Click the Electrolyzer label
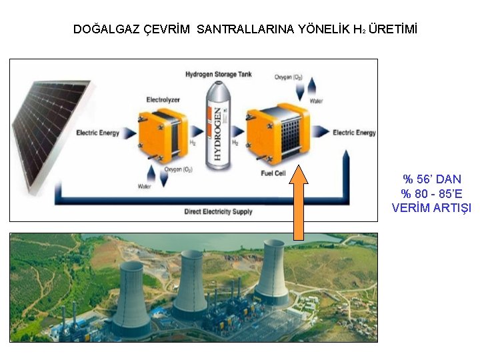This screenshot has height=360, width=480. coord(163,100)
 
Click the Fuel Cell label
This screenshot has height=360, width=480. coord(276,174)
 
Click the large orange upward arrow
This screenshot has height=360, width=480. coord(299,203)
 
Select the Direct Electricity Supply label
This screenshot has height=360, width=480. coord(218,212)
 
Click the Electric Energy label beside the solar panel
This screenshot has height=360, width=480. coord(97,133)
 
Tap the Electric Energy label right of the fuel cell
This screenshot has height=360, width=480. coord(354,133)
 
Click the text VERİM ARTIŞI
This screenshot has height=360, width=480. coord(431,208)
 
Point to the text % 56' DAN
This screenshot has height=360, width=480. coord(431,179)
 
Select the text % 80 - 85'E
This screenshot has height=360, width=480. coord(431,193)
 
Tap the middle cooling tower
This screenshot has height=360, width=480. coord(191,283)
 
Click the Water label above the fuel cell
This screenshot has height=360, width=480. coord(316,101)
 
